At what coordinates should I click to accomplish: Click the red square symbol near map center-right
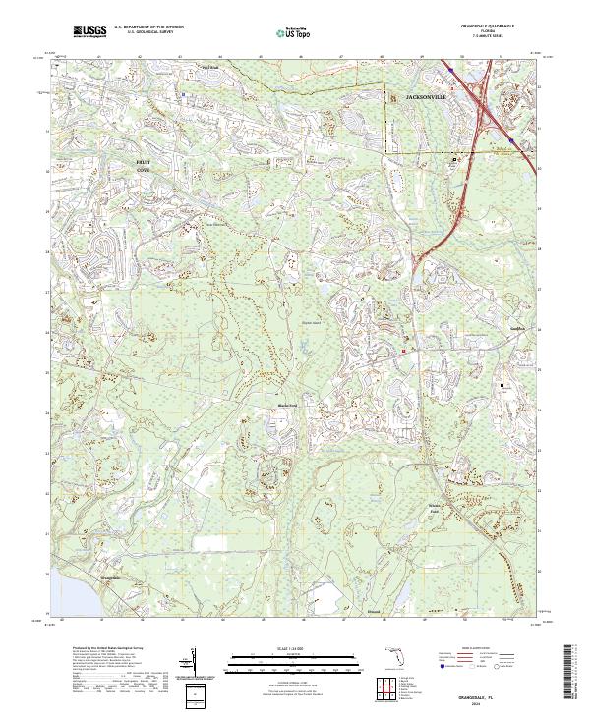tap(403, 351)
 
